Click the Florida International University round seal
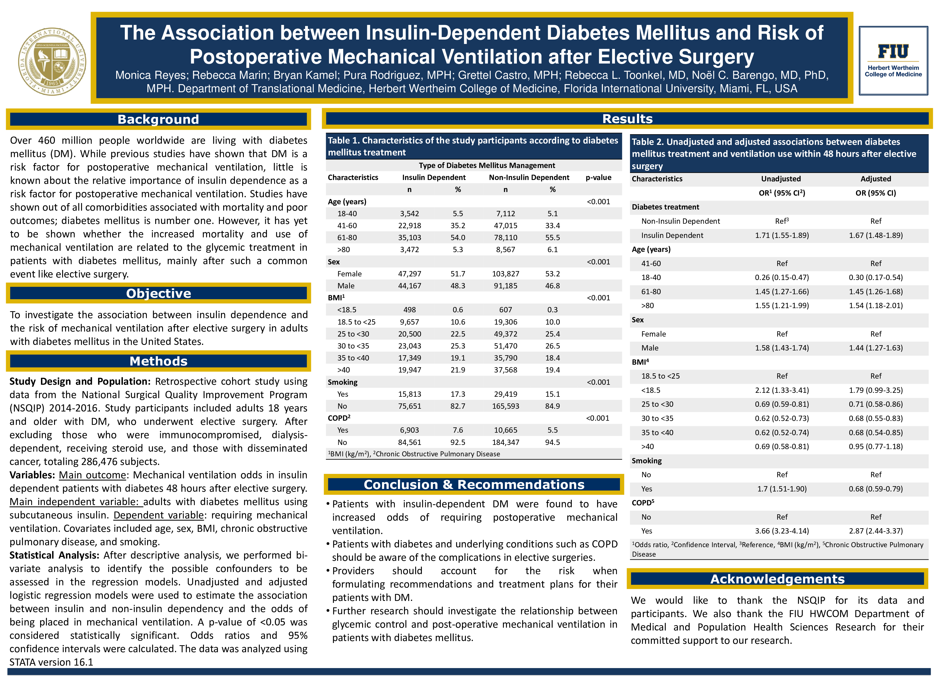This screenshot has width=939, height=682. click(x=52, y=61)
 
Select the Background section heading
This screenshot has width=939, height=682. click(x=158, y=119)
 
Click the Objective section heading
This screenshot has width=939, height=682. click(x=158, y=293)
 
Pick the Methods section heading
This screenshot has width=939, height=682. click(x=158, y=361)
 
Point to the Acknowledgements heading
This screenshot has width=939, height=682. click(x=777, y=579)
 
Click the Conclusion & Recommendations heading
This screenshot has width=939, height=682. click(x=474, y=484)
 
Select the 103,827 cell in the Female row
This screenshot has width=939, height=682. click(x=505, y=274)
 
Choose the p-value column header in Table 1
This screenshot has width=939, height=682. click(x=598, y=177)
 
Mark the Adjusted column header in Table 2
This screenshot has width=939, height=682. click(x=876, y=179)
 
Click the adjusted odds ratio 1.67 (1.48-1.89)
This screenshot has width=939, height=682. click(x=876, y=235)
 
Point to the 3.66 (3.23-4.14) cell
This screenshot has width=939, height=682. click(x=782, y=531)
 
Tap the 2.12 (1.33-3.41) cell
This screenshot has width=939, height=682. click(x=782, y=390)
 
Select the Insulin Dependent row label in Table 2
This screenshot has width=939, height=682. click(x=672, y=235)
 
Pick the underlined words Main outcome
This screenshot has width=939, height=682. click(x=92, y=475)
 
